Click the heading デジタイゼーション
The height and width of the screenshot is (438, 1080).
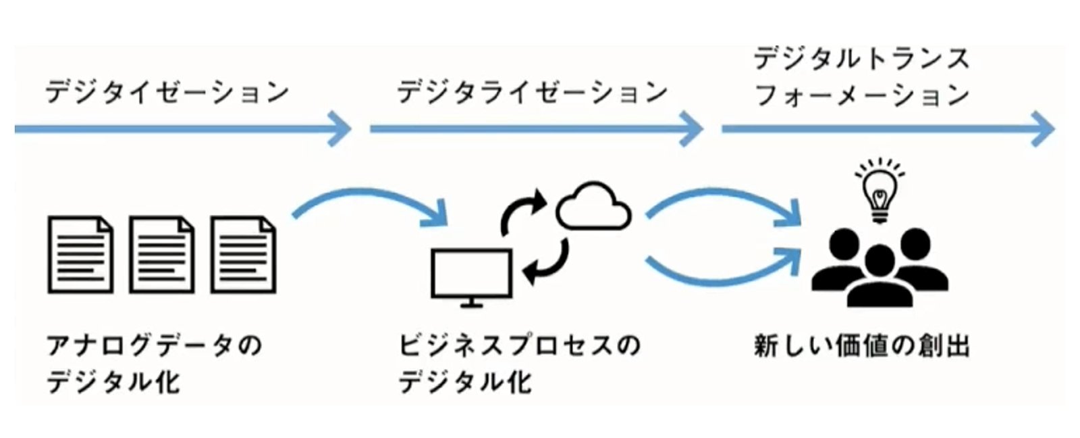pyautogui.click(x=167, y=92)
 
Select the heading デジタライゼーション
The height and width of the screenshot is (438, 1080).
pyautogui.click(x=532, y=92)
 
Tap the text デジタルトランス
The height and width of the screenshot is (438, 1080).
pyautogui.click(x=861, y=59)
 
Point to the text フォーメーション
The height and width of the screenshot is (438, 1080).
pyautogui.click(x=861, y=95)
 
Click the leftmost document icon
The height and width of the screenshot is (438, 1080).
pyautogui.click(x=80, y=255)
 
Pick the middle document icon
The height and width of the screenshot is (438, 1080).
pyautogui.click(x=162, y=255)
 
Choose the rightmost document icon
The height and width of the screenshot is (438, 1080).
pyautogui.click(x=244, y=255)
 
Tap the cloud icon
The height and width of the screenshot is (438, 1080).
pyautogui.click(x=593, y=207)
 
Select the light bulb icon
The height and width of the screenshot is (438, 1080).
pyautogui.click(x=880, y=191)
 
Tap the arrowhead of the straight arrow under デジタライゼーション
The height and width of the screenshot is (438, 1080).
pyautogui.click(x=692, y=128)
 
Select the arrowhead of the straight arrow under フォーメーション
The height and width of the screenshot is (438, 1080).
pyautogui.click(x=1043, y=128)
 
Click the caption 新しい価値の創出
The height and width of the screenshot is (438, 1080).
pyautogui.click(x=861, y=346)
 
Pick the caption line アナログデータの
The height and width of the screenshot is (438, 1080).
pyautogui.click(x=154, y=346)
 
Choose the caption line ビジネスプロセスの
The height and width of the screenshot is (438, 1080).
pyautogui.click(x=519, y=346)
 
